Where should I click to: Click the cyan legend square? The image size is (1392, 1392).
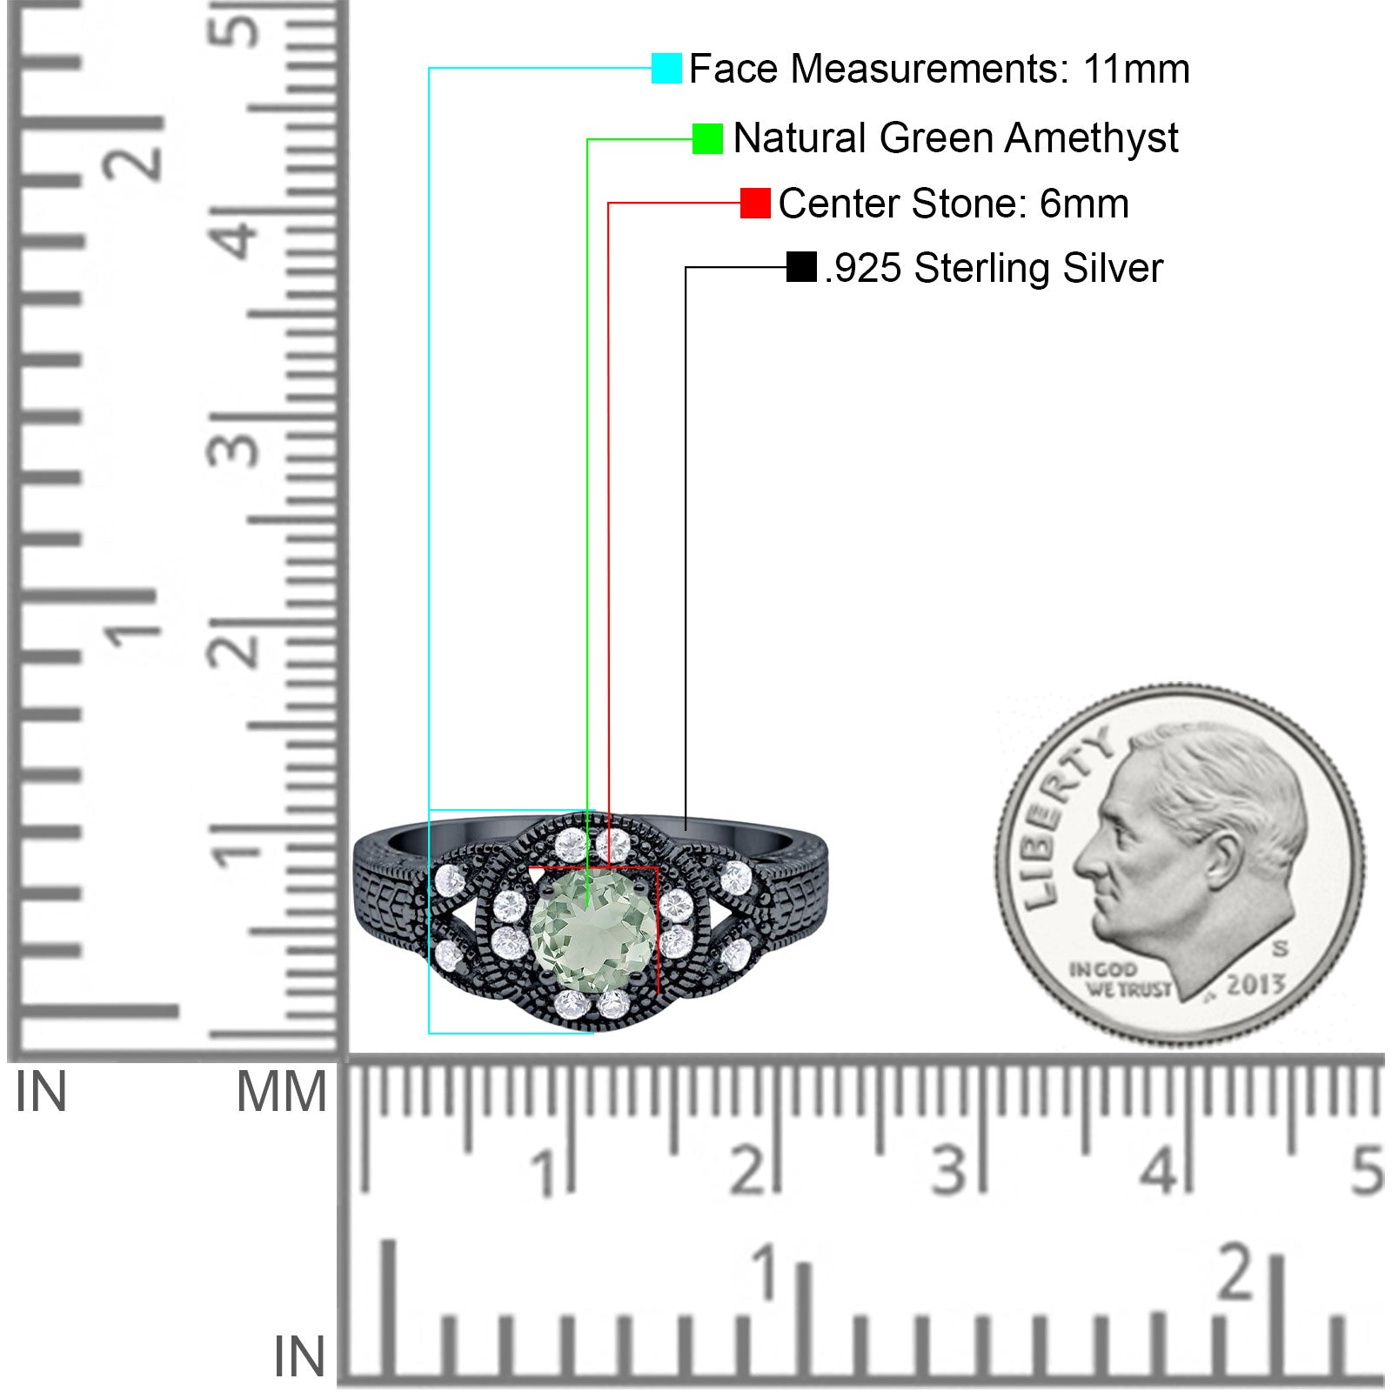point(666,68)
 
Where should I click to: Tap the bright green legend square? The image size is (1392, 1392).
point(707,138)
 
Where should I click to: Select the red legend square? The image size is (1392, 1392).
point(755,203)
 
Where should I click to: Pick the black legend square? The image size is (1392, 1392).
point(801,267)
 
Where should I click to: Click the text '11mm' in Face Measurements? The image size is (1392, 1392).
point(1136,69)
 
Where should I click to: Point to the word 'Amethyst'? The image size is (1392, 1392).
point(1093,138)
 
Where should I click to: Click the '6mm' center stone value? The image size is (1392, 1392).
point(1084,204)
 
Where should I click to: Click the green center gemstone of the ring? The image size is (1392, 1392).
point(592,932)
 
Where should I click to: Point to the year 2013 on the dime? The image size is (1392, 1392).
point(1255,985)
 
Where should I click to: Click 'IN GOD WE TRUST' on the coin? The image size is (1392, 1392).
point(1120,979)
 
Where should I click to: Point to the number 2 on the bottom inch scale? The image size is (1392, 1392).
point(1236,1273)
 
